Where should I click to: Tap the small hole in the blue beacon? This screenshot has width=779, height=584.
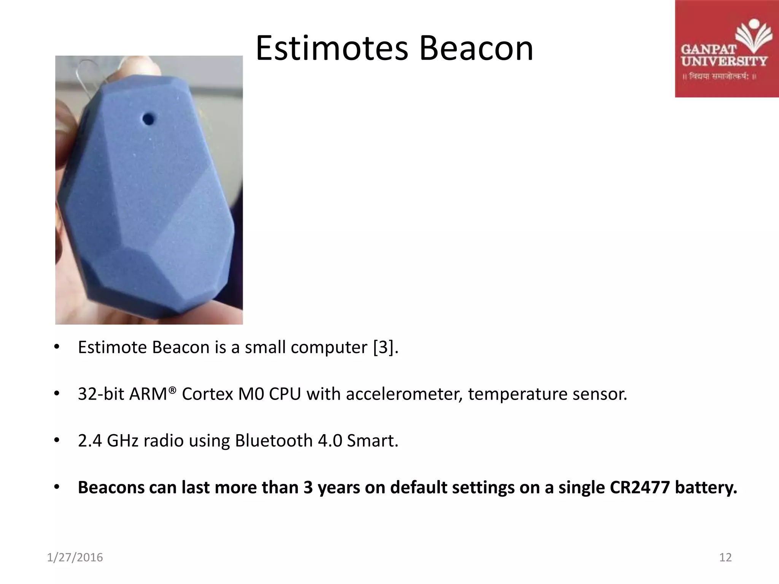(148, 119)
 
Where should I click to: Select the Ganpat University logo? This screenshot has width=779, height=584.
(726, 49)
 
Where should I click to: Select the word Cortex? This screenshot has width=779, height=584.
(207, 394)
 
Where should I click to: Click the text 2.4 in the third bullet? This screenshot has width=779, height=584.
(90, 441)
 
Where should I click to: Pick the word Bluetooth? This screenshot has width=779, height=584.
(274, 441)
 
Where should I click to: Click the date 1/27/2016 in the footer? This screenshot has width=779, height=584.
(75, 557)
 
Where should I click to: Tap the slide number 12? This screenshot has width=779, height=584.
(725, 557)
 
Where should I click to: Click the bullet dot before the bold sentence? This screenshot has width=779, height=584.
(57, 487)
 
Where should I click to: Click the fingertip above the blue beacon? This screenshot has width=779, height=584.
(141, 65)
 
